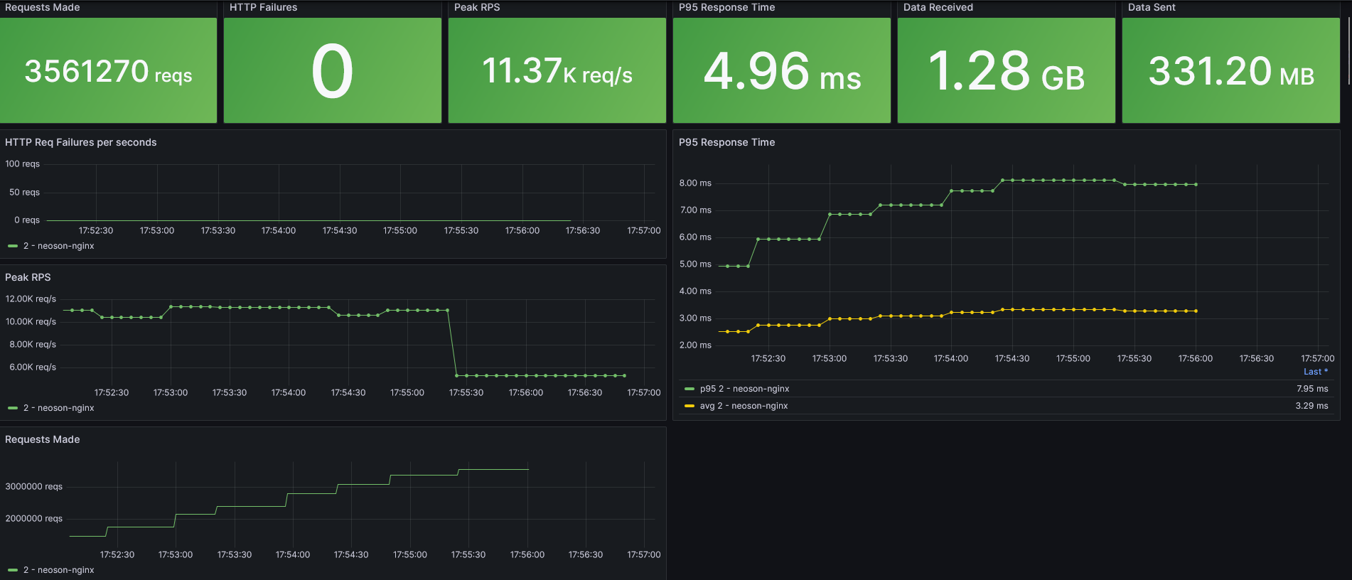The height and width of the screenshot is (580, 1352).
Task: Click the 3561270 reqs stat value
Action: coord(108,71)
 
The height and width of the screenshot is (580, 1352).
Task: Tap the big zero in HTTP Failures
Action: coord(332,71)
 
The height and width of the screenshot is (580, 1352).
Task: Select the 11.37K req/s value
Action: coord(557,71)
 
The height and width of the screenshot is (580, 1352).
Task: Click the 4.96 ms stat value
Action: coord(781,71)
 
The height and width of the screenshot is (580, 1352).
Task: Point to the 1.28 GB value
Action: coord(1006,71)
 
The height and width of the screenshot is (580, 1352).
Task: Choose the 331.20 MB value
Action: coord(1230,71)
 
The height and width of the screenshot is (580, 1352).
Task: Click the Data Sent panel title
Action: coord(1151,7)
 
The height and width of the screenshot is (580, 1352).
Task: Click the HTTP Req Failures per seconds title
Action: coord(80,142)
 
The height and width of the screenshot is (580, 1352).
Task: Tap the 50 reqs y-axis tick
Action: coord(24,192)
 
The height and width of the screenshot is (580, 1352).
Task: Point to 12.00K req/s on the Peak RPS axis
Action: coord(31,299)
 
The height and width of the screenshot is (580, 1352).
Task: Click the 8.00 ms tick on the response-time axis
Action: coord(694,183)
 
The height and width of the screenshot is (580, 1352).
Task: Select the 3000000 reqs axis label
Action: coord(33,486)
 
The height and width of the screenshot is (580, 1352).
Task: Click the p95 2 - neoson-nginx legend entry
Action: coord(744,389)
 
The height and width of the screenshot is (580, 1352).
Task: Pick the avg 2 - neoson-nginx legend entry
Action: coord(743,406)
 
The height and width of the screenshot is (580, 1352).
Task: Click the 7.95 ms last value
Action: coord(1311,389)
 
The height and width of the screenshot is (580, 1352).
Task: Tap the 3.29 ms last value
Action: coord(1311,406)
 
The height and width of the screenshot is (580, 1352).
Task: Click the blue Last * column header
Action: coord(1315,372)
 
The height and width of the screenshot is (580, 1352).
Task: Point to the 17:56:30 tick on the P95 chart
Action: coord(1256,358)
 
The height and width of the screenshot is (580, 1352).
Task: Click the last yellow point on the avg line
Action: coord(1196,311)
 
